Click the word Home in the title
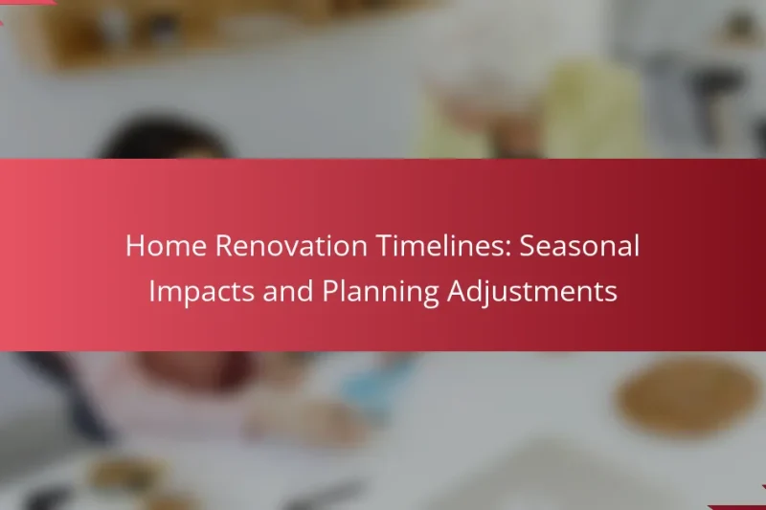point(166,246)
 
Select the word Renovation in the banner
point(291,246)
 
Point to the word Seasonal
point(579,246)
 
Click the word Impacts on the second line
point(201,291)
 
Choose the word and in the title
point(288,291)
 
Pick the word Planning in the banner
point(380,291)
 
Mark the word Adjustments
point(532,291)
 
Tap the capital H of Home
point(135,246)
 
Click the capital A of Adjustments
point(458,291)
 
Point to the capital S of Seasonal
point(528,246)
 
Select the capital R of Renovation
point(224,246)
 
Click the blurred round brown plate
point(688,394)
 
